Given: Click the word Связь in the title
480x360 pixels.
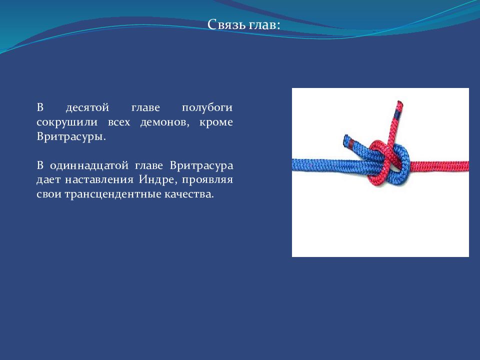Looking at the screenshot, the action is (x=226, y=24).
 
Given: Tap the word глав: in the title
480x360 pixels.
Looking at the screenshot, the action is (x=264, y=25).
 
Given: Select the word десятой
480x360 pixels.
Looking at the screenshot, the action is (x=87, y=108).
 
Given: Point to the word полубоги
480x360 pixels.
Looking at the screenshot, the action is (x=207, y=108).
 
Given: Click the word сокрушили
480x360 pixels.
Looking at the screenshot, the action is (x=67, y=122).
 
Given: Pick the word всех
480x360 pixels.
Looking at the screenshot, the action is (x=119, y=122).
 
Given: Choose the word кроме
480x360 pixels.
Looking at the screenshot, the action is (x=216, y=122).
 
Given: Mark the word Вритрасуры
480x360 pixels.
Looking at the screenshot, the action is (x=71, y=136).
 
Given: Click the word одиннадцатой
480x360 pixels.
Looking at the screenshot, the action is (x=89, y=165).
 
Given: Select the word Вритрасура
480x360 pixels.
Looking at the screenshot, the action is (x=201, y=165).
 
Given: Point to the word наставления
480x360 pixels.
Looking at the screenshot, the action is (x=99, y=179).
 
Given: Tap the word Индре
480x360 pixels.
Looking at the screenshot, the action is (x=158, y=179).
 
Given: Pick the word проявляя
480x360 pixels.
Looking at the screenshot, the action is (x=207, y=180).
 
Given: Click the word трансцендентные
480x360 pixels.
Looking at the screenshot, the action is (x=113, y=194).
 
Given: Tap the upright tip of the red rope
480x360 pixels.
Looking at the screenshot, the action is (x=400, y=102).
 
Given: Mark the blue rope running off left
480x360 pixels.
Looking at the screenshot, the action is (x=324, y=165).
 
